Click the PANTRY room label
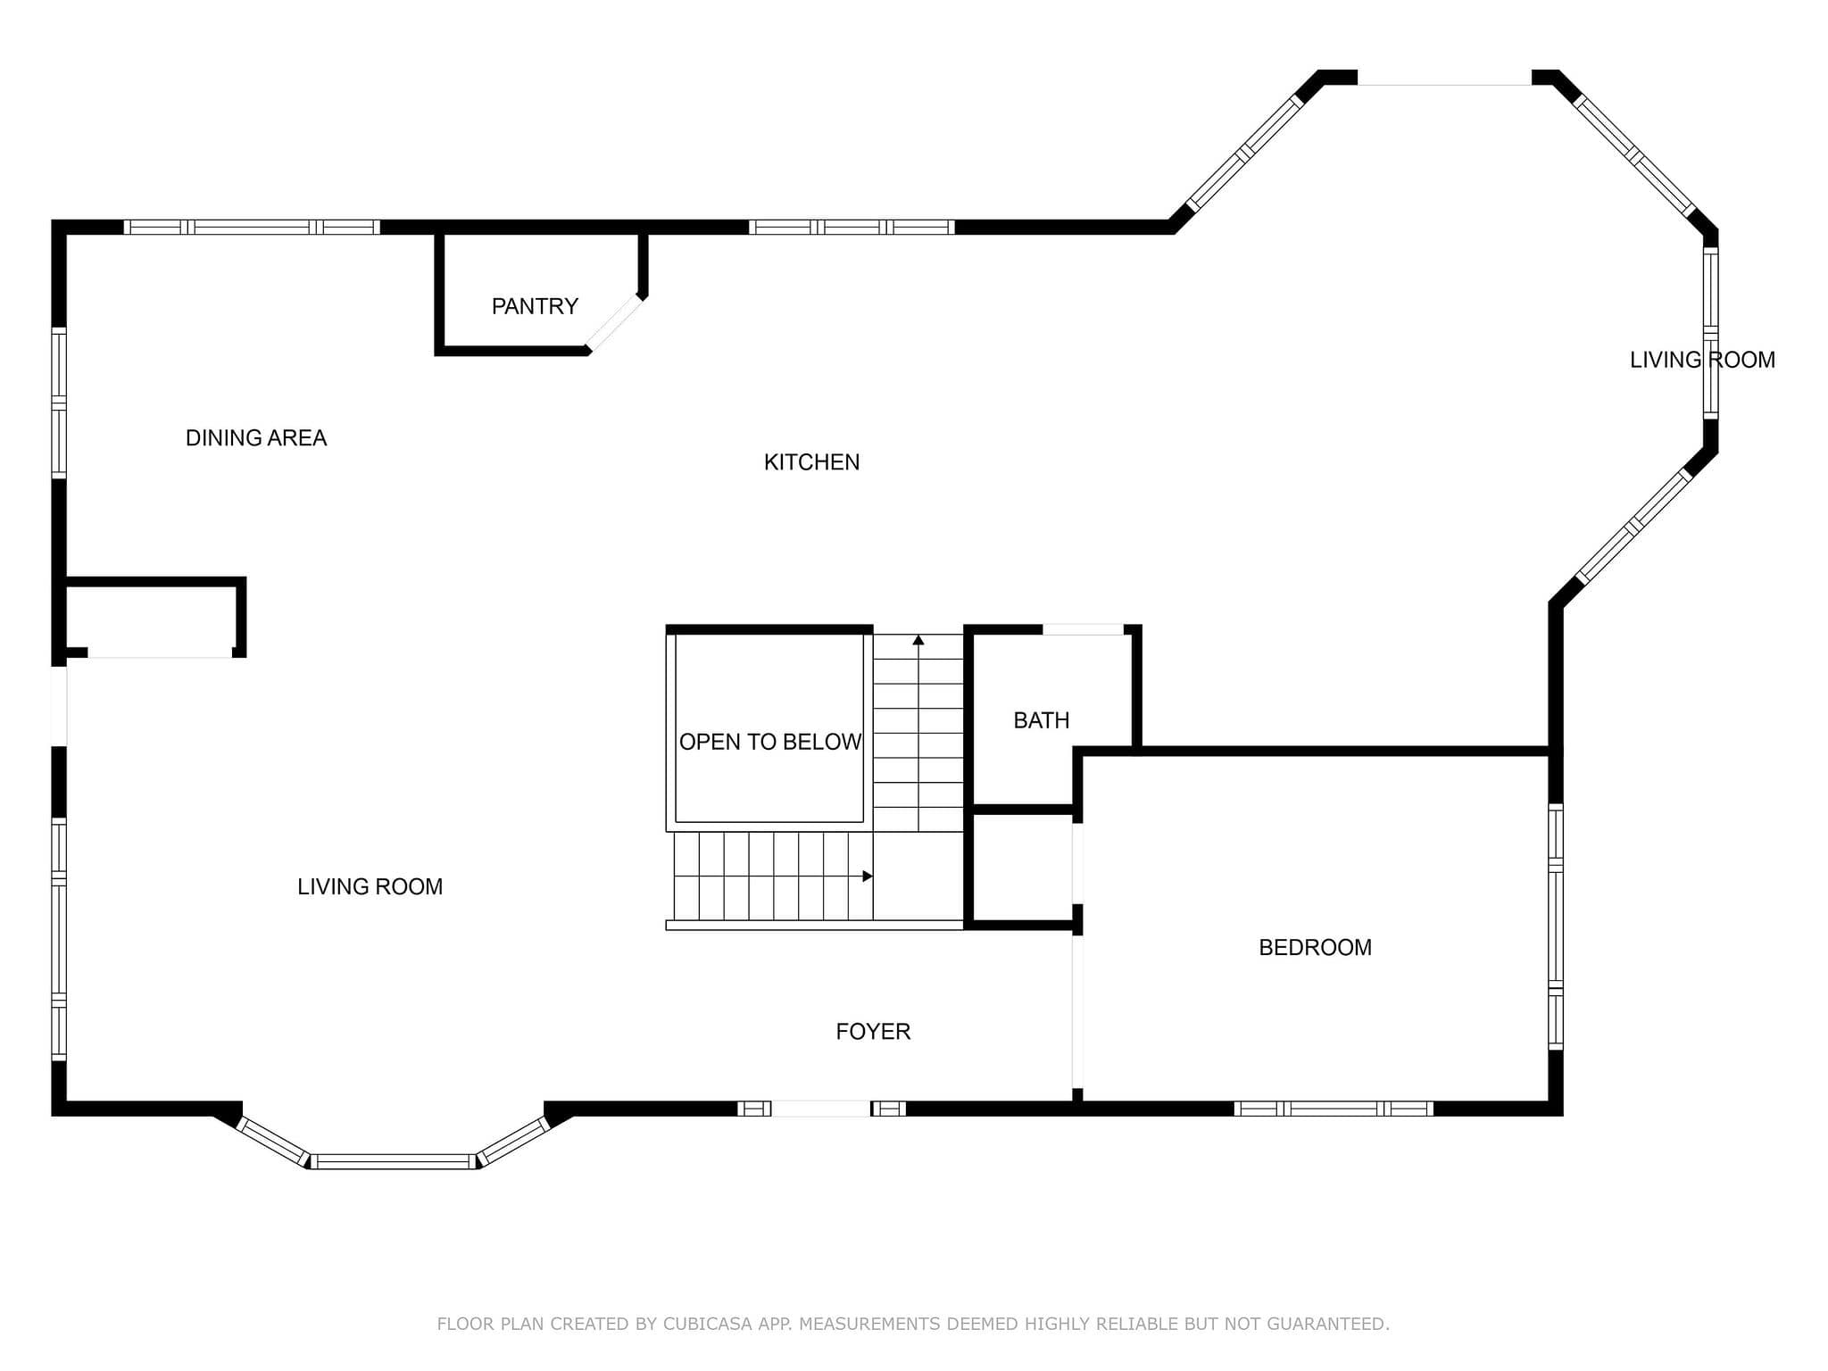coord(535,306)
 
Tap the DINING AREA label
coord(256,437)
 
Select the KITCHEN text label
coord(811,461)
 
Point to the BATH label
coord(1041,720)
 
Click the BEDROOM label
coord(1315,947)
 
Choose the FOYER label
coord(873,1031)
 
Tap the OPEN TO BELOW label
coord(770,742)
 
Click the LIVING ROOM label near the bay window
coord(370,886)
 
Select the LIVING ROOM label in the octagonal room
coord(1702,360)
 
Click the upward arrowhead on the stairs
coord(918,640)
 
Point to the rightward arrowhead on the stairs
coord(868,877)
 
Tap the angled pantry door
coord(614,323)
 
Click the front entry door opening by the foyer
coord(820,1109)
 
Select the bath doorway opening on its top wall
coord(1083,629)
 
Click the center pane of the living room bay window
coord(394,1161)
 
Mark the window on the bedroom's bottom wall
coord(1334,1109)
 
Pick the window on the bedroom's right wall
coord(1556,926)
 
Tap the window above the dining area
coord(252,227)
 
